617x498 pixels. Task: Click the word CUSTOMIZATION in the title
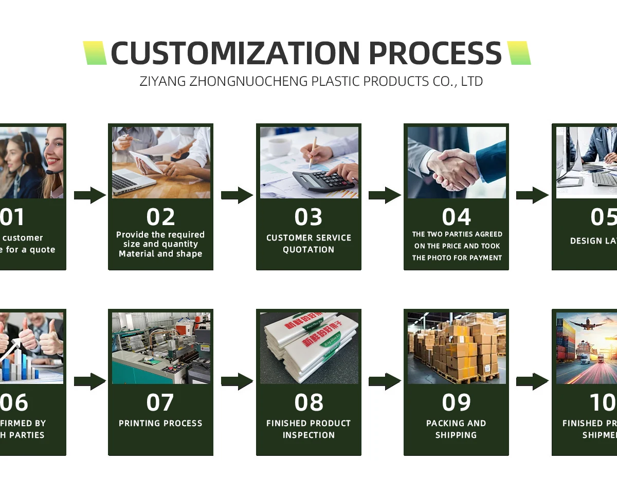coord(235,53)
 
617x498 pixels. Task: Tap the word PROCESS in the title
coord(435,53)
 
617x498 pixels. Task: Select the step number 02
coord(160,217)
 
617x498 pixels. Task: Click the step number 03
coord(308,217)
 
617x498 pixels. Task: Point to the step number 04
coord(456,217)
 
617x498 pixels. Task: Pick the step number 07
coord(160,403)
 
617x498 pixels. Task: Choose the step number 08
coord(308,403)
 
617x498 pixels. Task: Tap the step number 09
coord(456,403)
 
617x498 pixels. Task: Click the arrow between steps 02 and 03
coord(237,195)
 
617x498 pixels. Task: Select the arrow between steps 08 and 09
coord(385,381)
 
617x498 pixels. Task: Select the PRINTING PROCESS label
coord(160,423)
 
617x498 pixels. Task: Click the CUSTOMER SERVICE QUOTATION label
coord(308,244)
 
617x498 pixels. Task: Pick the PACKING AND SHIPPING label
coord(456,429)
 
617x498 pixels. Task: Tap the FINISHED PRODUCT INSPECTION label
coord(308,429)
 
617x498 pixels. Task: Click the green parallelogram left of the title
coord(95,53)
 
